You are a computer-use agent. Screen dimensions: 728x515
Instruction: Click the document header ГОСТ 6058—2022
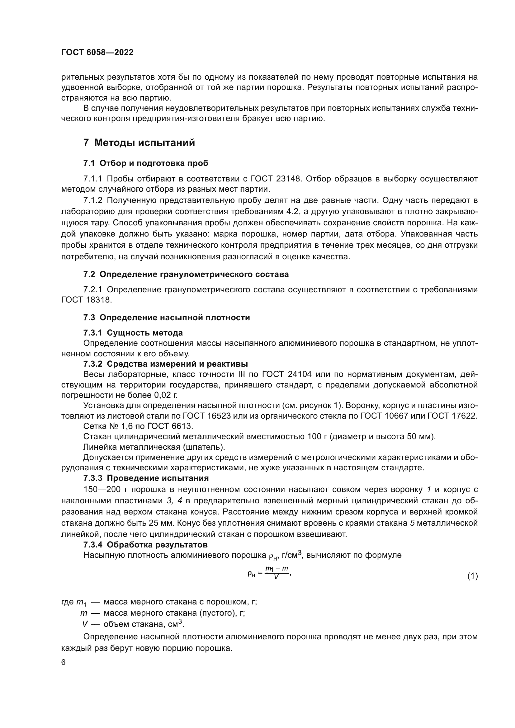[97, 52]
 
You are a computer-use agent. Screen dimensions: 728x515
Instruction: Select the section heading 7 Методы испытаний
[139, 143]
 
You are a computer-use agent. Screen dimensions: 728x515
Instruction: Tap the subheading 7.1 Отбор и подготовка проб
[145, 163]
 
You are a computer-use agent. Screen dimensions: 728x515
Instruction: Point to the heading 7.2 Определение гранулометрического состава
[186, 274]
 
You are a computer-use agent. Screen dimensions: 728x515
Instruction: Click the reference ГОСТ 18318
[86, 300]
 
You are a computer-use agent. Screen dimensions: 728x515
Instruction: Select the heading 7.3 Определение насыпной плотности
[167, 318]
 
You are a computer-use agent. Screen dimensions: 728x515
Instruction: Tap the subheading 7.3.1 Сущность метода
[133, 333]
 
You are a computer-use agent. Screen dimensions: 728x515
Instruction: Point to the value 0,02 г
[166, 395]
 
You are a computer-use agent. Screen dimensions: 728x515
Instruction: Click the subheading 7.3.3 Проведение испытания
[146, 478]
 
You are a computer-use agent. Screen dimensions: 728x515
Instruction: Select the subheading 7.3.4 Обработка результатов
[145, 545]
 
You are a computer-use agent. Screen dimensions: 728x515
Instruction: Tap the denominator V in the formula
[276, 577]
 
